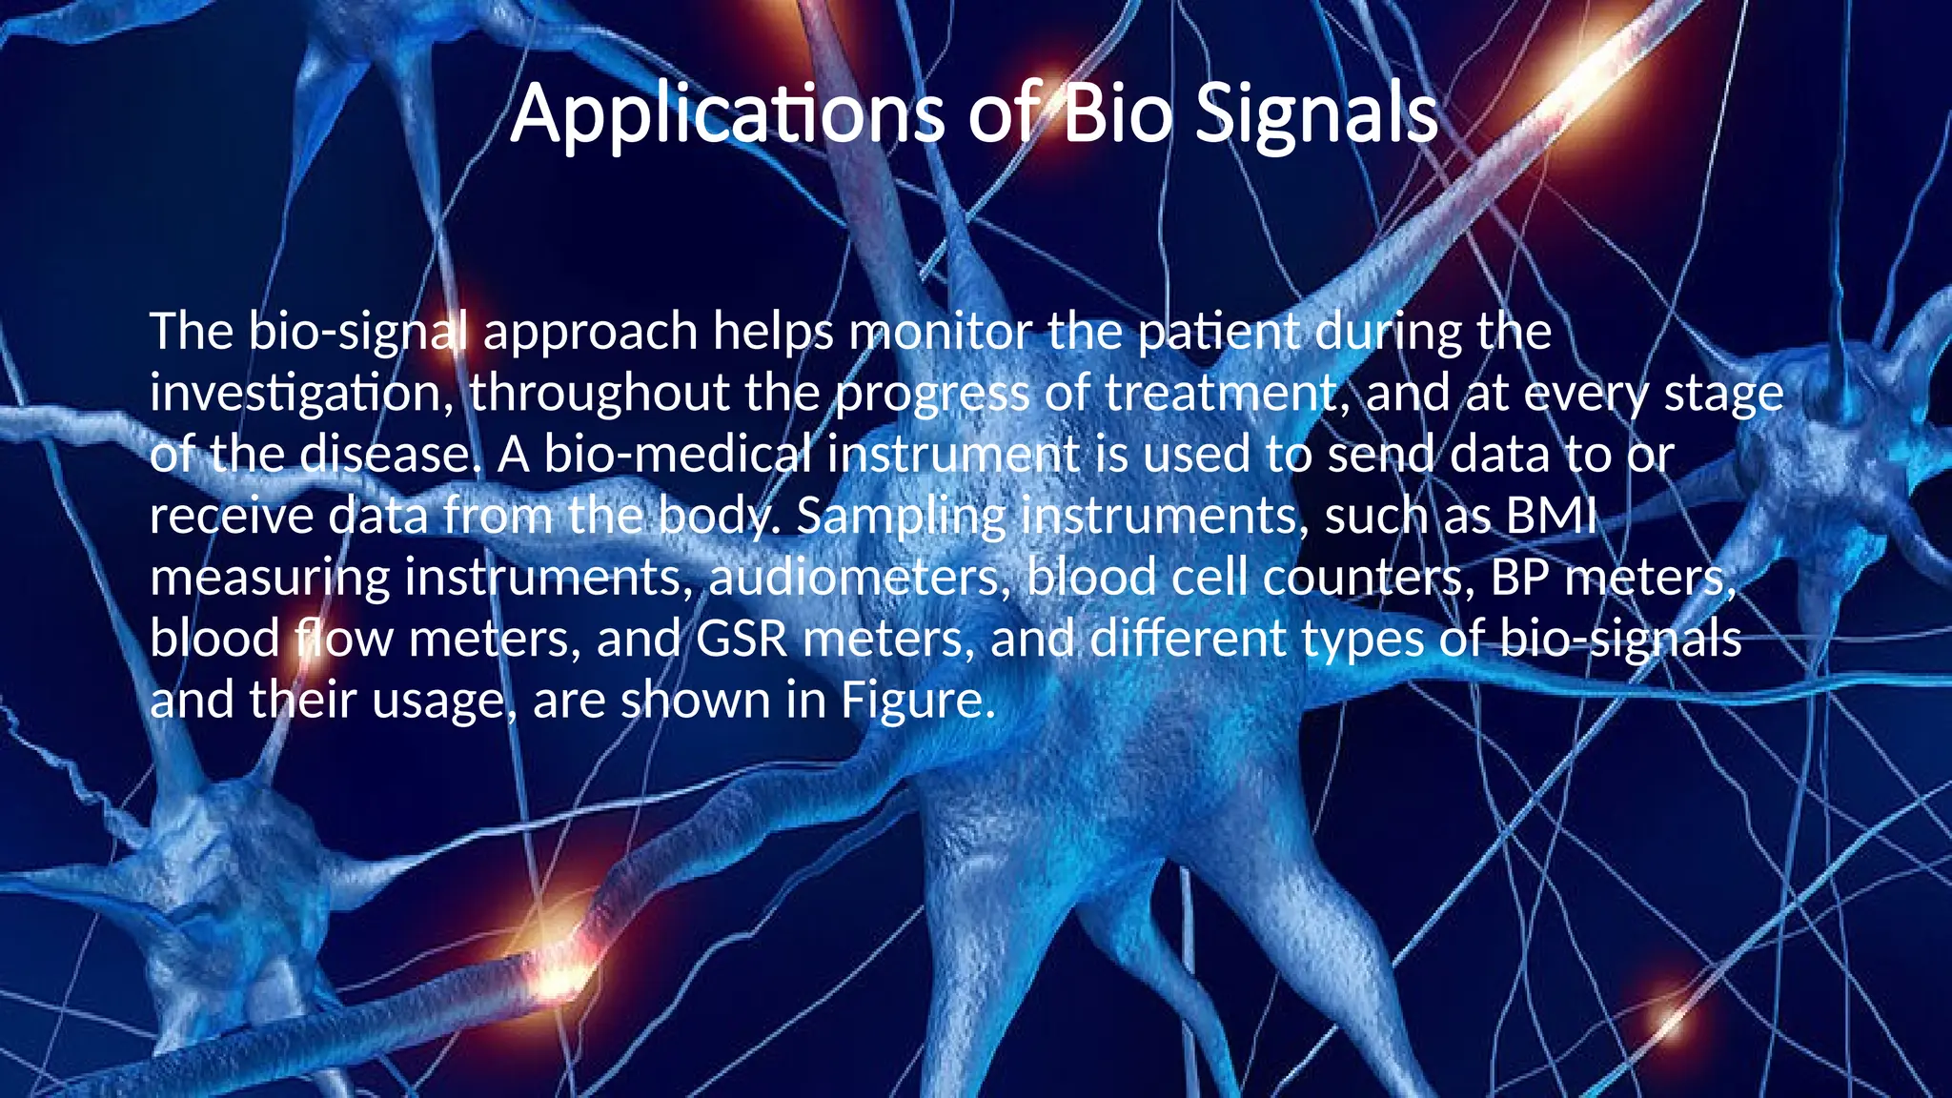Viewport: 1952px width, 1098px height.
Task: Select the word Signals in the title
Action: (x=1316, y=114)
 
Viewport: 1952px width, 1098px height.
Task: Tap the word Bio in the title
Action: (x=1116, y=114)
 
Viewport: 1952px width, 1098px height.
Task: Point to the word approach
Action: (x=591, y=332)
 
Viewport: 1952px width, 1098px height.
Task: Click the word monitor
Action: (x=940, y=332)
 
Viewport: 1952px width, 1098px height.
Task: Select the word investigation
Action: (x=301, y=394)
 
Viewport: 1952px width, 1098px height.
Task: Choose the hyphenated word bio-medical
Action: (x=678, y=455)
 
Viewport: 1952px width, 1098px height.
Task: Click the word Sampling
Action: (x=901, y=516)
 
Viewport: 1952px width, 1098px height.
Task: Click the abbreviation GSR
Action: (x=742, y=639)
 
